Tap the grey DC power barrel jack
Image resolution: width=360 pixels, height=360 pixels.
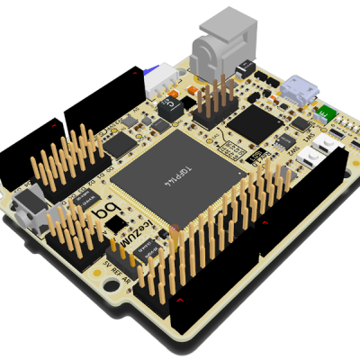(216, 45)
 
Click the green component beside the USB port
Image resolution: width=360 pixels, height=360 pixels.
(324, 113)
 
